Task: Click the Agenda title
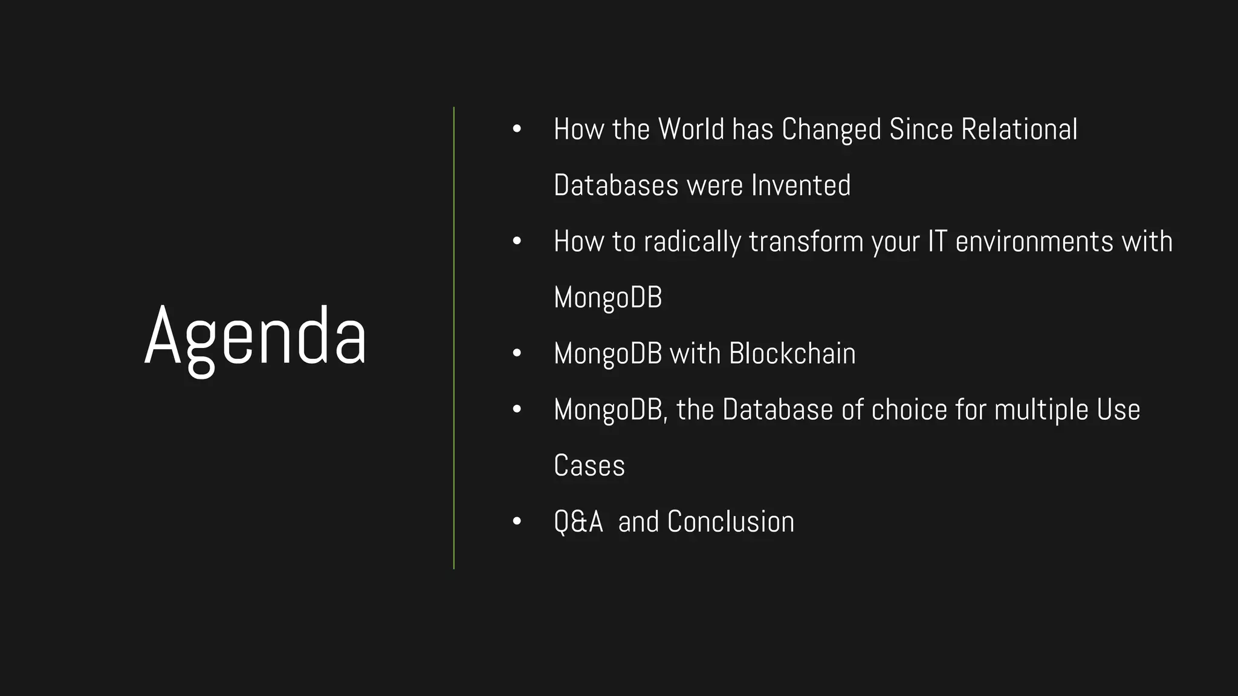[x=255, y=337]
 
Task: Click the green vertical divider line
[x=454, y=338]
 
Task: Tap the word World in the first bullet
[x=691, y=129]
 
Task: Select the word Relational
[x=1019, y=129]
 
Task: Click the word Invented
[x=800, y=185]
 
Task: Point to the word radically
[x=692, y=242]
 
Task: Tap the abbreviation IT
[x=937, y=242]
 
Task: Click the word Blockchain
[x=792, y=354]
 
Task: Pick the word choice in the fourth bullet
[x=909, y=410]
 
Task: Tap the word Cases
[x=589, y=466]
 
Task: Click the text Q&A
[x=578, y=522]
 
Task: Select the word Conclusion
[x=730, y=522]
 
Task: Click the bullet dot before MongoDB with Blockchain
[x=516, y=353]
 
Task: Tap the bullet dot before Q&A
[x=516, y=521]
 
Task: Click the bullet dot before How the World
[x=516, y=129]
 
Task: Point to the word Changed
[x=831, y=129]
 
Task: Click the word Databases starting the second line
[x=616, y=185]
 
